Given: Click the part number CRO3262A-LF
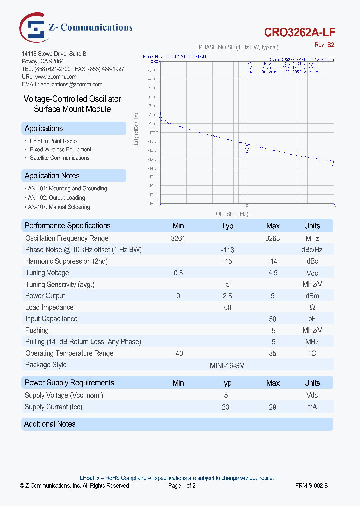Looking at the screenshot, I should coord(300,32).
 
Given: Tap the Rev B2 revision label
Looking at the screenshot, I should coord(324,45).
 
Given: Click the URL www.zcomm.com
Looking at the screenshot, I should coord(56,77).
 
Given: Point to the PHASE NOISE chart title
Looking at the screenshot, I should coord(239,47).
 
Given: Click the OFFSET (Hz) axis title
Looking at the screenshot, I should coord(232,214).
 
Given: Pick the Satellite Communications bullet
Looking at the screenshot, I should coord(59,158).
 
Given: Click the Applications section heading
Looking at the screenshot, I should coord(44,129).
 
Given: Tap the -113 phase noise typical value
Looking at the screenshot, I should coord(227,250).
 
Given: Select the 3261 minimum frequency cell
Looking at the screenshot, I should coord(178,238).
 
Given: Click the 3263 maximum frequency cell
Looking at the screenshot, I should coord(272,238).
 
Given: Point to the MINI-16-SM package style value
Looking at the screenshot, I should coord(227,365).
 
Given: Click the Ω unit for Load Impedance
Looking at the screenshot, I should coord(312,307).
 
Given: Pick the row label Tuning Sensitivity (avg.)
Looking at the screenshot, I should coord(60,284).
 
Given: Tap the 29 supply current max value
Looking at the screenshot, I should coord(273,407).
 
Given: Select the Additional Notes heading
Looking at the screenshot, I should coord(50,424).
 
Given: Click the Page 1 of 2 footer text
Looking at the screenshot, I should coord(182,485).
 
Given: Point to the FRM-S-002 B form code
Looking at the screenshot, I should coord(311,485).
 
